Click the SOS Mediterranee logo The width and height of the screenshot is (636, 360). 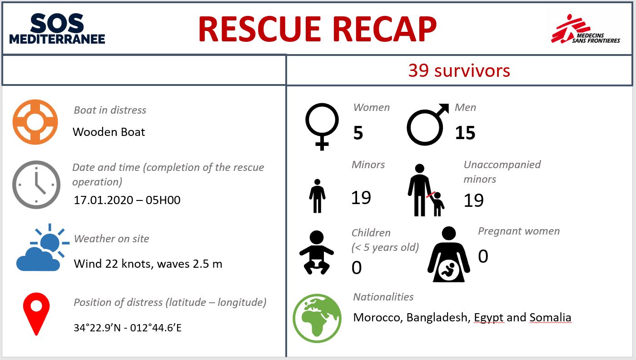(57, 29)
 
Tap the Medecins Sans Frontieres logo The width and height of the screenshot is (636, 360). (585, 29)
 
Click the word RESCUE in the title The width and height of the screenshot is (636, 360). (259, 29)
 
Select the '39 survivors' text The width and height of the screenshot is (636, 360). (459, 70)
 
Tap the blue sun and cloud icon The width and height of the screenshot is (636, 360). (43, 247)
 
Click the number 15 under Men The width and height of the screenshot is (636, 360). (465, 133)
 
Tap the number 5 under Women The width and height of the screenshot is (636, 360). (358, 133)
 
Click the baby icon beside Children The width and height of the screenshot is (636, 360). (316, 252)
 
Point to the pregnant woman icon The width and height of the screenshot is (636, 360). (449, 254)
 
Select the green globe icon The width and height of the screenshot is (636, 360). (317, 318)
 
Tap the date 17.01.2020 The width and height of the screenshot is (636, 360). (104, 200)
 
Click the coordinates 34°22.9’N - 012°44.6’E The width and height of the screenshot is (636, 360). (128, 328)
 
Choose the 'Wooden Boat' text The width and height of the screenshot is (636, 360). (109, 132)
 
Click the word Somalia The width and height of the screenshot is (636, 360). (550, 317)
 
